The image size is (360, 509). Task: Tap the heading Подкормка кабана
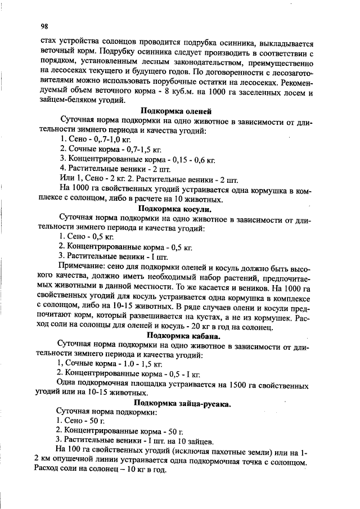(x=178, y=336)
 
